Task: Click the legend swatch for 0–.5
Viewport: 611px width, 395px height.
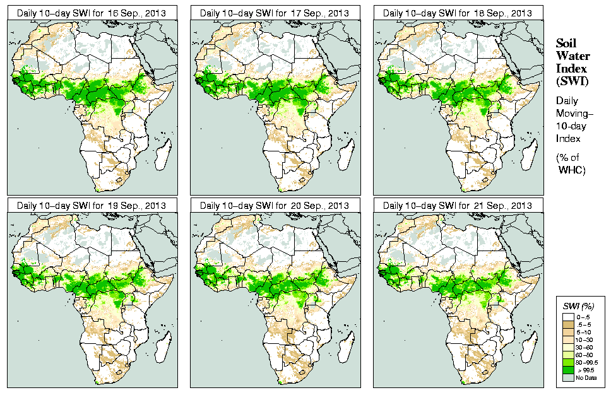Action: pyautogui.click(x=567, y=316)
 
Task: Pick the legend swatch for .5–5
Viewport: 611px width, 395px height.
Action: pyautogui.click(x=567, y=324)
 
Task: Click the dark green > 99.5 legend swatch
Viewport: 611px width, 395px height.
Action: pyautogui.click(x=567, y=370)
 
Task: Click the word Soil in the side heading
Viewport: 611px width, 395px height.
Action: pyautogui.click(x=566, y=44)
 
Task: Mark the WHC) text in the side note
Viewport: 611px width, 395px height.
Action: pyautogui.click(x=572, y=170)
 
